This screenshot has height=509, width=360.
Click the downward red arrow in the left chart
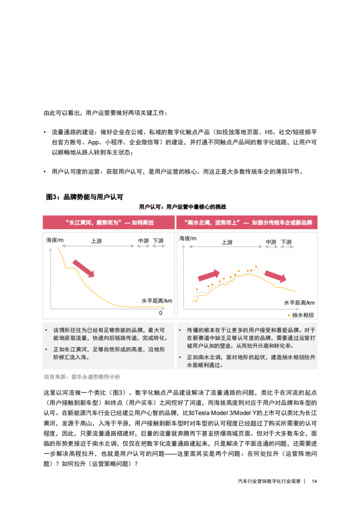pos(84,268)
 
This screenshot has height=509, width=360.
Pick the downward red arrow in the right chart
pos(276,276)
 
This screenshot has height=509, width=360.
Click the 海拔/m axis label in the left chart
pos(55,239)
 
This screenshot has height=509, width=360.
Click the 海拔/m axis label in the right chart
pos(188,238)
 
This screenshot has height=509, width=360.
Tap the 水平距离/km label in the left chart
pos(157,301)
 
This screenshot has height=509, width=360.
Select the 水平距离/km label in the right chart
pos(299,303)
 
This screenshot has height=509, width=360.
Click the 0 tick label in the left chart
pos(161,313)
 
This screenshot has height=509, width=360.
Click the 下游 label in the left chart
pos(158,241)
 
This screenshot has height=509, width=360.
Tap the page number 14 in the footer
pos(314,481)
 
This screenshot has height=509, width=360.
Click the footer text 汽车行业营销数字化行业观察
pos(269,481)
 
